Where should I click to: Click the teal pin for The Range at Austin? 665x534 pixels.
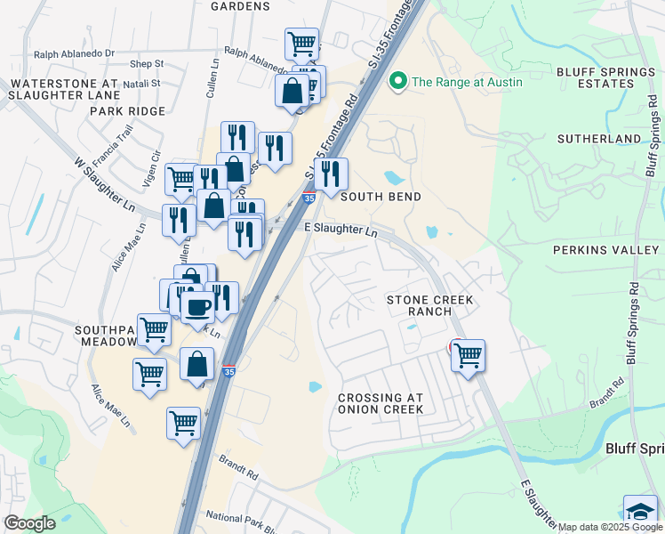click(x=397, y=82)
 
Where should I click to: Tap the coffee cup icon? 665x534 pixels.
click(x=196, y=308)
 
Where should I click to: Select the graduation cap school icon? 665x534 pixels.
click(x=640, y=512)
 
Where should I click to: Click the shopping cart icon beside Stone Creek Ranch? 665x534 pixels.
click(x=468, y=356)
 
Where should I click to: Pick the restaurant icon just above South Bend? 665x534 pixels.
click(x=331, y=174)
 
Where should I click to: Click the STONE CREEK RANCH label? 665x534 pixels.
click(x=429, y=307)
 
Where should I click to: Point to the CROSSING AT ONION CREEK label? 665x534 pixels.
click(x=381, y=402)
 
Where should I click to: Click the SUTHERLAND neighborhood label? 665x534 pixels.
click(x=598, y=139)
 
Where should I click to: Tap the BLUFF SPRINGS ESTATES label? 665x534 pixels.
click(x=595, y=77)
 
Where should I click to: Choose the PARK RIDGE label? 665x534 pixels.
click(x=127, y=111)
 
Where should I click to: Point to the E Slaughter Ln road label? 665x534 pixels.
click(x=341, y=230)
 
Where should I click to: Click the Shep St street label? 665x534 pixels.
click(x=147, y=64)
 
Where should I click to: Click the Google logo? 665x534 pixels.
click(x=29, y=523)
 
